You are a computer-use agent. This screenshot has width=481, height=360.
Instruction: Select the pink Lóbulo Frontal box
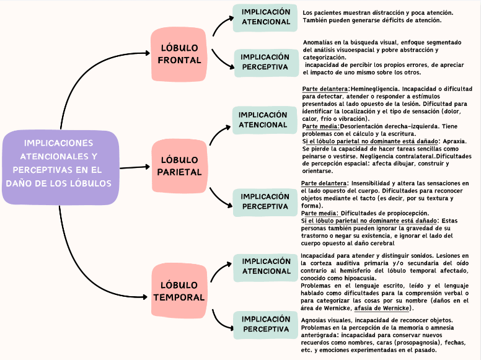click(x=179, y=54)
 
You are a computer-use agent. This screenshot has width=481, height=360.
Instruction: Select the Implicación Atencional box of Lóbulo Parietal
click(x=263, y=120)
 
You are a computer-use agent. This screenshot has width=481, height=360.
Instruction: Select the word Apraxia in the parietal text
click(x=454, y=141)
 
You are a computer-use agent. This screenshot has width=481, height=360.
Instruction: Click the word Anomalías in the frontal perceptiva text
click(x=319, y=42)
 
